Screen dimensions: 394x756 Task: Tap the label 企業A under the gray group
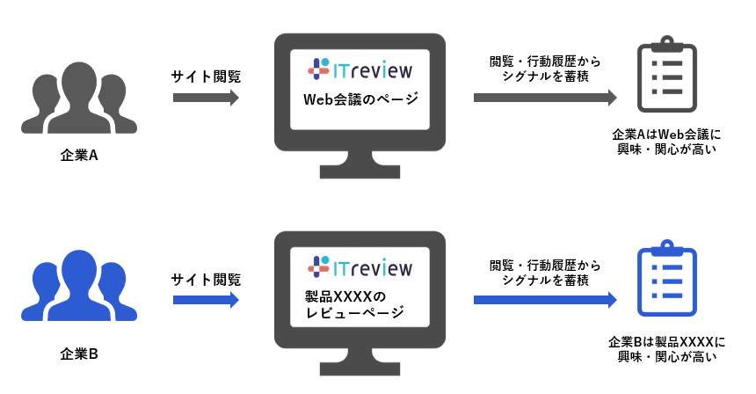click(x=78, y=157)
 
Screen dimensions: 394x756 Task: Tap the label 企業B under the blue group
click(x=78, y=355)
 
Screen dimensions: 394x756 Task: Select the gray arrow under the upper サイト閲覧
click(x=206, y=97)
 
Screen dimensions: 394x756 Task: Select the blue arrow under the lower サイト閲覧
click(x=206, y=300)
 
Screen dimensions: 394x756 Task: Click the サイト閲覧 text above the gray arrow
click(x=206, y=76)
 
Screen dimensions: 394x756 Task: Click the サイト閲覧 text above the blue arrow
click(x=206, y=280)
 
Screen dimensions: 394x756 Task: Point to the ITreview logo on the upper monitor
click(x=360, y=68)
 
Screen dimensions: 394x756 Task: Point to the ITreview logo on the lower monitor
click(x=360, y=266)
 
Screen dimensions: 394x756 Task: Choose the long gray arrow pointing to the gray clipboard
click(x=545, y=97)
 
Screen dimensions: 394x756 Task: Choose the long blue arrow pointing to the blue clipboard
click(x=545, y=300)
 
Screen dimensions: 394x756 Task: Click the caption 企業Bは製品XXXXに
click(x=665, y=340)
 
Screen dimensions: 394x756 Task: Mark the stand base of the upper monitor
click(x=360, y=178)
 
